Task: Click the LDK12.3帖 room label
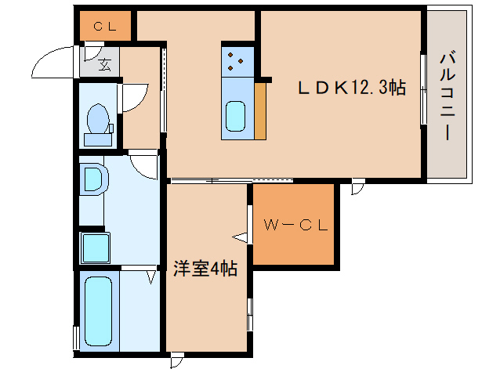point(350,89)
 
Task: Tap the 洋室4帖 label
point(205,269)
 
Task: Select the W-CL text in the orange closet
point(295,226)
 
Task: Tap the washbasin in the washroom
point(93,179)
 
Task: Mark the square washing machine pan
point(97,248)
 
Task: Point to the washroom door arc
point(142,165)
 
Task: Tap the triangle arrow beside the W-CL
point(240,235)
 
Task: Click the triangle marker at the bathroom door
point(150,275)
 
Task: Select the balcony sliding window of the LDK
point(422,89)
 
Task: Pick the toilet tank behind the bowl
point(99,139)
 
